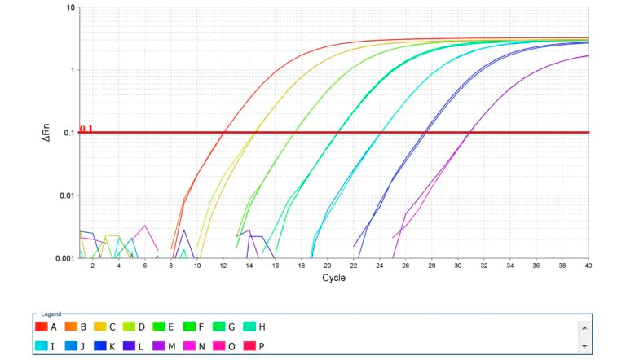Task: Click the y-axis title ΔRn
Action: point(46,133)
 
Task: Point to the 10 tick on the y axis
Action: point(71,7)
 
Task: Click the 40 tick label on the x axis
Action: point(588,266)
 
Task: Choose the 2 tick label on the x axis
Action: point(92,266)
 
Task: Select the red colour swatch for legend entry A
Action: point(41,327)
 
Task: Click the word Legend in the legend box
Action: point(51,314)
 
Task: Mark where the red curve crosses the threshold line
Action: point(223,132)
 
